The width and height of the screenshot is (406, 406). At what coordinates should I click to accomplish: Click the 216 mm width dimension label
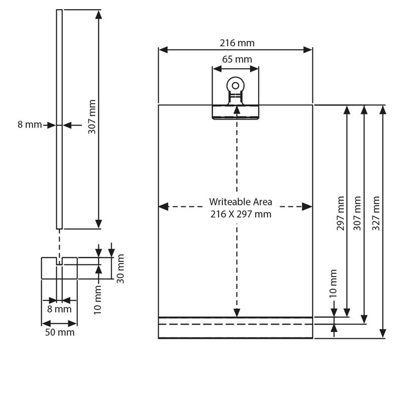tap(237, 43)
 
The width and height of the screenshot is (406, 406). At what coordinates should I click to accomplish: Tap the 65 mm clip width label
tap(237, 59)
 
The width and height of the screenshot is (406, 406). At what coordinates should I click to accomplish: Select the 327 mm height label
tap(376, 213)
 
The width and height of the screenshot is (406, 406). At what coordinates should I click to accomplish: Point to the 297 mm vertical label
tap(341, 213)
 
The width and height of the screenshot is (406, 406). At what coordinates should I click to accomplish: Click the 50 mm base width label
tap(60, 332)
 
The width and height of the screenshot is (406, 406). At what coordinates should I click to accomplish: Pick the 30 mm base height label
tap(120, 268)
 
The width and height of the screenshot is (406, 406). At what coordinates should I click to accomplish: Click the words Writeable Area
tap(241, 201)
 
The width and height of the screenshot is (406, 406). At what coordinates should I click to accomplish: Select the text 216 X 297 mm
tap(241, 214)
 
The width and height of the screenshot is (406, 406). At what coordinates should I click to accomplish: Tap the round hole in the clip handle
tap(235, 85)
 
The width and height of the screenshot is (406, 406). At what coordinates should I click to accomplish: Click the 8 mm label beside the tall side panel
tap(29, 124)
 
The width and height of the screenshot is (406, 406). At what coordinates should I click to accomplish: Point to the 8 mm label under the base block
tap(59, 309)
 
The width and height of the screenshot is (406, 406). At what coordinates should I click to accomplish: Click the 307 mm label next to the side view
tap(92, 117)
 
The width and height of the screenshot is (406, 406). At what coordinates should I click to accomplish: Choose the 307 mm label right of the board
tap(357, 213)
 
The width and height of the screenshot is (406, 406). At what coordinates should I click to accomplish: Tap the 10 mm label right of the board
tap(333, 284)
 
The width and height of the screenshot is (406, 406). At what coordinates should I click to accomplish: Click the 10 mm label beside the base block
tap(97, 300)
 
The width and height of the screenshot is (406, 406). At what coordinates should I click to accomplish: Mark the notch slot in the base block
tap(59, 261)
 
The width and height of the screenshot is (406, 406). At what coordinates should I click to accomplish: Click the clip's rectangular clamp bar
tap(235, 112)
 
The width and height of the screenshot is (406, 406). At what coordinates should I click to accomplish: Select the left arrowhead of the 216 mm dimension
tap(163, 50)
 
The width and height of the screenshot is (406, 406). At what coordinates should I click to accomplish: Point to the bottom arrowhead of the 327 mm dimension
tap(383, 333)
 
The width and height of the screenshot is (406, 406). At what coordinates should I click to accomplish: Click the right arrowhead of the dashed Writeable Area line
tap(307, 207)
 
